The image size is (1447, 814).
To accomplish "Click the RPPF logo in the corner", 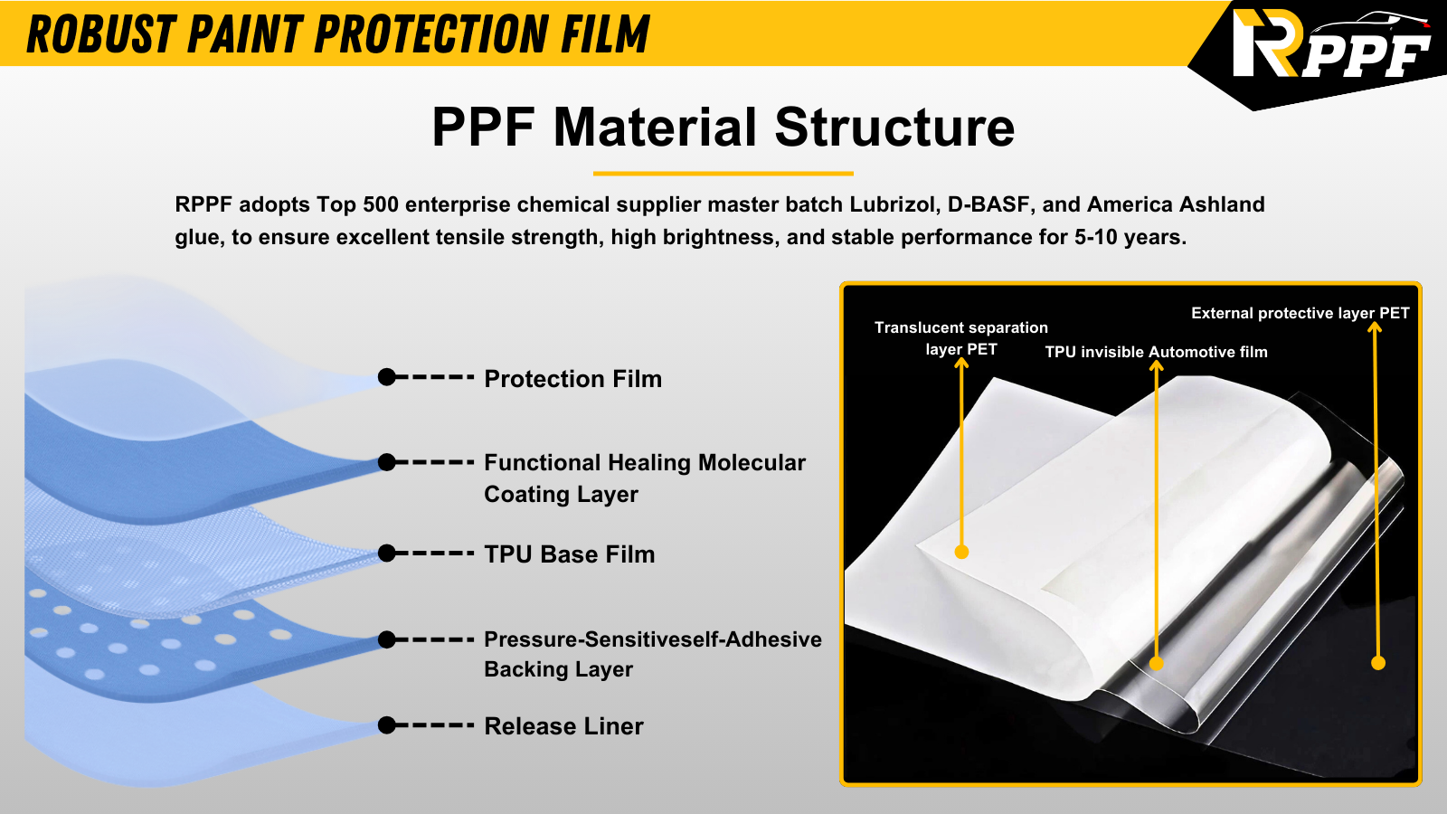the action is coord(1330,45).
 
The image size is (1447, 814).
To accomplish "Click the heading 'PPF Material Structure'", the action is coord(723,128).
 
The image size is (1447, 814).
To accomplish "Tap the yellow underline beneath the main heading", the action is coord(723,173).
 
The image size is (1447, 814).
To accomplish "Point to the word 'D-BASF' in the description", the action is coord(988,204).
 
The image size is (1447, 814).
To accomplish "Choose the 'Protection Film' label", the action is coord(573,379).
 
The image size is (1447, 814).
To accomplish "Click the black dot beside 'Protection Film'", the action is coord(386,376).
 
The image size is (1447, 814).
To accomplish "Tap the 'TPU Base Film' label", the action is coord(569,554).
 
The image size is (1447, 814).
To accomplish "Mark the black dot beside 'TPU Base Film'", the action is coord(386,553).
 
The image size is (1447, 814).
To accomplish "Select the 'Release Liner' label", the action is coord(563,726).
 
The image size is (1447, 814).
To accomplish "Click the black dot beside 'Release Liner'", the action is coord(386,724).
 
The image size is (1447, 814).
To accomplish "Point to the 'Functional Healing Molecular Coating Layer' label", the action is coord(645,478).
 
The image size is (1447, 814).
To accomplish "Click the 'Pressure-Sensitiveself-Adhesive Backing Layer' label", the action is coord(652,654).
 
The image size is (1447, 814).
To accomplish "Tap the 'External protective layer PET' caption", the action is coord(1300,313).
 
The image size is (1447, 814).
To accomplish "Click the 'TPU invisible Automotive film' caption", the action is coord(1157,352).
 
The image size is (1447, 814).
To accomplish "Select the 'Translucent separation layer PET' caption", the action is coord(961,338).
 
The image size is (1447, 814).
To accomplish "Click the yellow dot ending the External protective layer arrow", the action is coord(1378,663).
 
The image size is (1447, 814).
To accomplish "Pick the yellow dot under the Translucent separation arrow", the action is coord(961,552).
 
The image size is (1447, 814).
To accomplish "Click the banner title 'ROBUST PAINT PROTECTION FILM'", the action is coord(337,33).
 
